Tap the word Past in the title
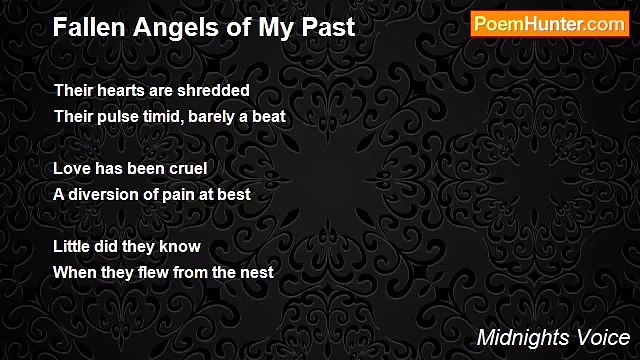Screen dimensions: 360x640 pos(329,28)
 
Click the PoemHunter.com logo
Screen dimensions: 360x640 pos(550,25)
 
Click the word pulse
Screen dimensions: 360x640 pos(121,116)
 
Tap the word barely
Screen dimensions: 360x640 pos(231,116)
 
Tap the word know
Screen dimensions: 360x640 pos(181,246)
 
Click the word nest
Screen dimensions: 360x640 pos(256,272)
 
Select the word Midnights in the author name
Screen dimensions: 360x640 pos(520,338)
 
